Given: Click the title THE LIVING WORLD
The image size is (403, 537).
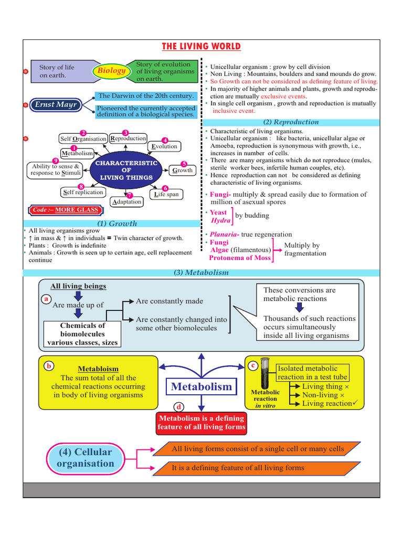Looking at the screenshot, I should click(x=201, y=47).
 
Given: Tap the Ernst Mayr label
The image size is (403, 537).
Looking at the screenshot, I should click(x=56, y=105).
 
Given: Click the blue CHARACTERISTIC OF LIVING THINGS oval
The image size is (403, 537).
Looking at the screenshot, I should click(x=126, y=170).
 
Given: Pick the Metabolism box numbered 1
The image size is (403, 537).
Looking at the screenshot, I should click(x=77, y=153).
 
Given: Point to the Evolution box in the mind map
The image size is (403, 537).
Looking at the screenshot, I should click(x=164, y=146).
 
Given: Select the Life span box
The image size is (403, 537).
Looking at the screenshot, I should click(x=166, y=194).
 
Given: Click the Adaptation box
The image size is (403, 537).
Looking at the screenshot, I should click(x=126, y=201).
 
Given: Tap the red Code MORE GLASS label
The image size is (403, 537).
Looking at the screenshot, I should click(x=66, y=210).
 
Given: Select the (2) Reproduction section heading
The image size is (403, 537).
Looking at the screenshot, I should click(x=290, y=122).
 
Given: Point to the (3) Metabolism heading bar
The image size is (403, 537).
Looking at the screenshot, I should click(x=201, y=273).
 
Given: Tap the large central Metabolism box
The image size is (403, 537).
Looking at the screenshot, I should click(x=201, y=387).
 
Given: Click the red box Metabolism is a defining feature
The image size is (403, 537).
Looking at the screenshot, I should click(x=201, y=422).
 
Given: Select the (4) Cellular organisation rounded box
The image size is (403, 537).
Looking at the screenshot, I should click(x=86, y=458).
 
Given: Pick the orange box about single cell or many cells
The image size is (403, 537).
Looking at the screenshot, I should click(x=258, y=449).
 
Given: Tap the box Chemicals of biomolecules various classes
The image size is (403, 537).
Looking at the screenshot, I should click(x=82, y=334).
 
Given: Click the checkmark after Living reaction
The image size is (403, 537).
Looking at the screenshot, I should click(x=355, y=403).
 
